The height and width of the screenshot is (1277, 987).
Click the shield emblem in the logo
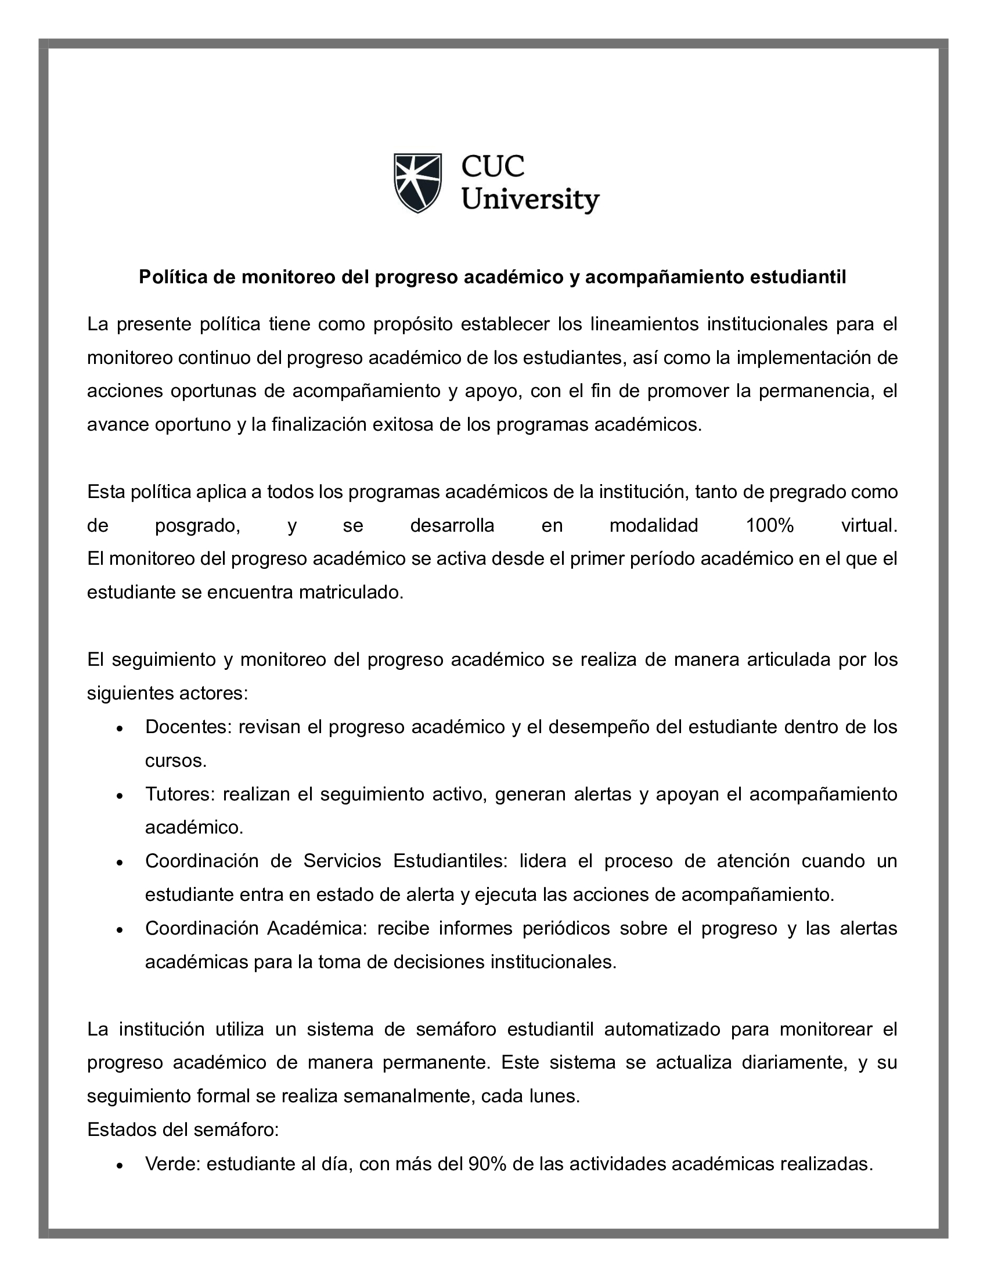417,182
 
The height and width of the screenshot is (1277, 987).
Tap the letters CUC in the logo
492,167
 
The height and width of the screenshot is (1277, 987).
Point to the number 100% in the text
769,526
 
